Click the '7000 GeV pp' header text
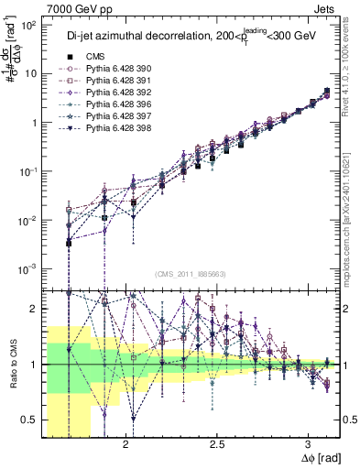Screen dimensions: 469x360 pyautogui.click(x=38, y=8)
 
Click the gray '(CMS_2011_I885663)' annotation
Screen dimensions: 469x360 pyautogui.click(x=191, y=274)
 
